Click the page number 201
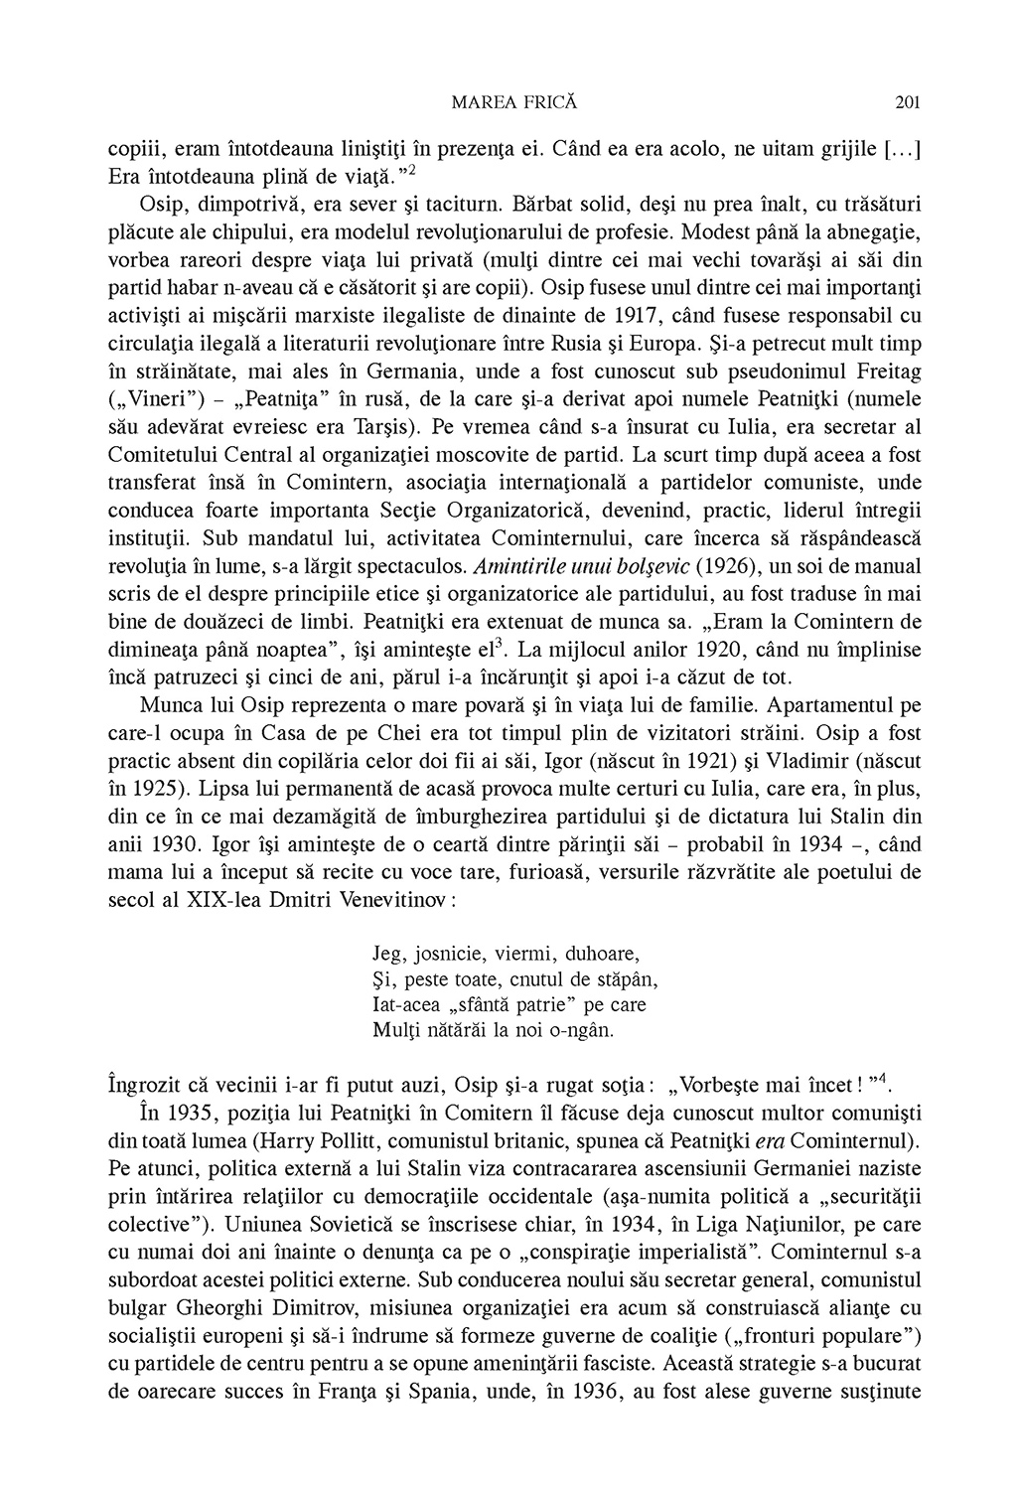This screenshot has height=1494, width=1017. click(x=908, y=100)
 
